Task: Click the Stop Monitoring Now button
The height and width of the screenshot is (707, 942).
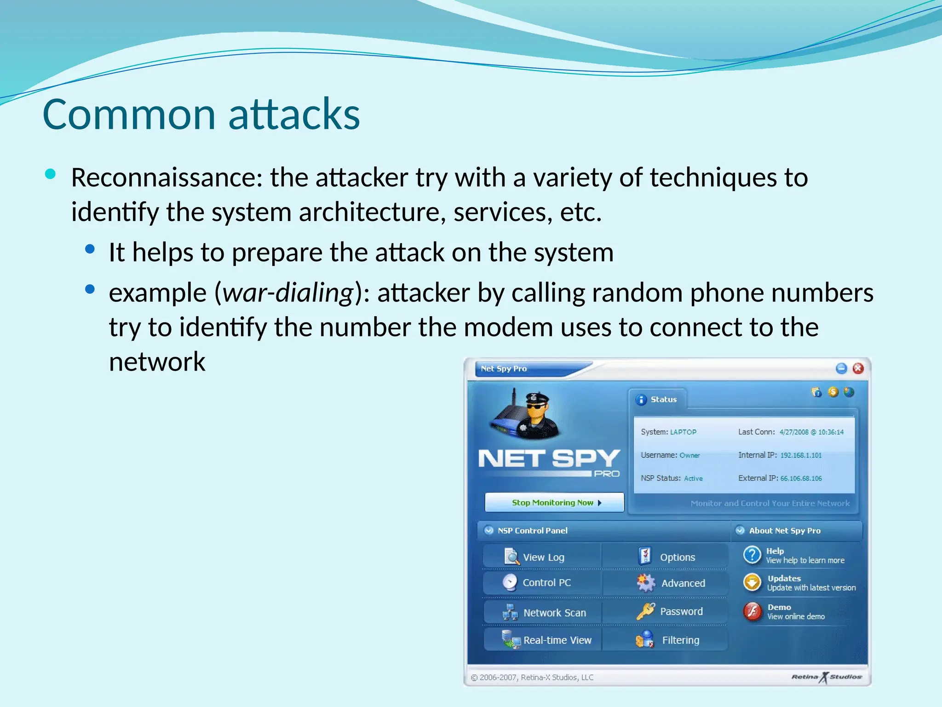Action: pos(554,503)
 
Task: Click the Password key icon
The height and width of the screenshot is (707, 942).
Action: pos(645,611)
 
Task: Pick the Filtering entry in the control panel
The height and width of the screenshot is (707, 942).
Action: pos(680,640)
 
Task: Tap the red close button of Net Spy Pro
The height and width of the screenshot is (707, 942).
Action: pos(858,368)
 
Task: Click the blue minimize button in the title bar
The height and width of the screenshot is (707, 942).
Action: pos(841,368)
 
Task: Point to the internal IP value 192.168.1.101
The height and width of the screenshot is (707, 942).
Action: pos(801,455)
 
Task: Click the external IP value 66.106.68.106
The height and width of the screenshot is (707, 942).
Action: pos(801,478)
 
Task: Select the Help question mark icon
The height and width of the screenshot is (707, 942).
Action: pos(752,555)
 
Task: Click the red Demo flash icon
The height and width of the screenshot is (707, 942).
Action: pos(752,611)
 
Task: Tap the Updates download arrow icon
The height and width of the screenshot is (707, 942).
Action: pos(752,583)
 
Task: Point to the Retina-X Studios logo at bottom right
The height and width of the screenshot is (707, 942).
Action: pos(826,677)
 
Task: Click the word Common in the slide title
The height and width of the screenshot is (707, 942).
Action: pos(129,115)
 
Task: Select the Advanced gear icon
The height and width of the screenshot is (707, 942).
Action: pos(646,583)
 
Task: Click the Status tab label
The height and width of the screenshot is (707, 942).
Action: pos(663,400)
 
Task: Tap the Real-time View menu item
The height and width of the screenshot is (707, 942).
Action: pos(557,640)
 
